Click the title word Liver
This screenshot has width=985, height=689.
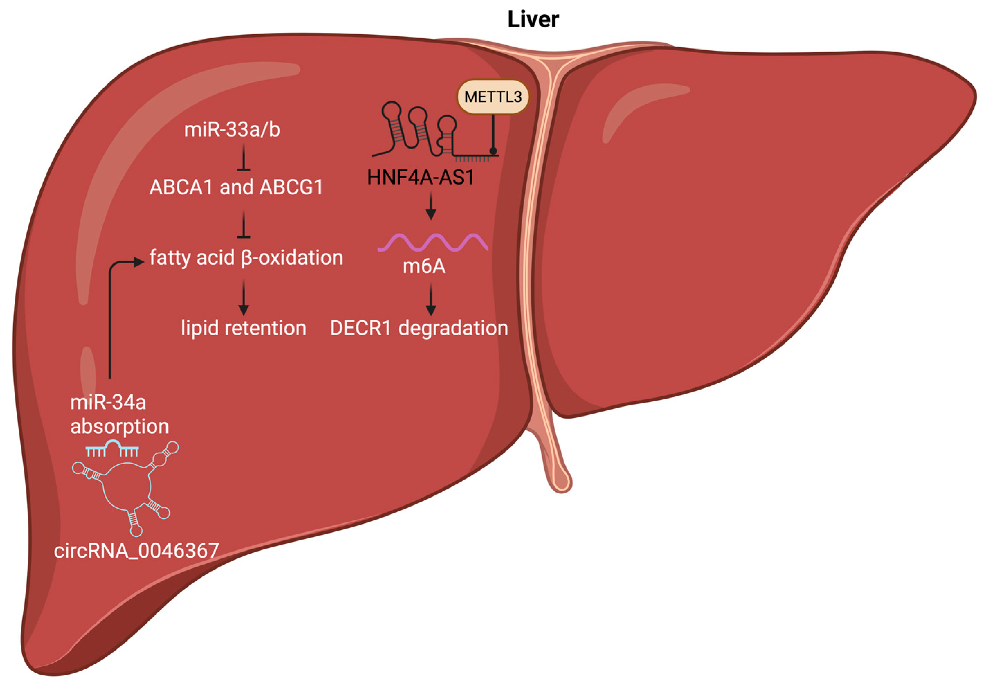click(x=533, y=19)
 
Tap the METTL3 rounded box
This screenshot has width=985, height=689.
click(x=493, y=97)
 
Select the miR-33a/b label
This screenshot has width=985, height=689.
click(x=232, y=129)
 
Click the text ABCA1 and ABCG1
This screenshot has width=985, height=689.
click(x=236, y=188)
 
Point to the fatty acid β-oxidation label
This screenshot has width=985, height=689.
click(x=246, y=258)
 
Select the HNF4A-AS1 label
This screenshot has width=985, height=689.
click(x=421, y=177)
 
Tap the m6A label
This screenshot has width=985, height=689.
click(x=424, y=267)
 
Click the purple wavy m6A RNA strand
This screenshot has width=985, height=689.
click(x=432, y=243)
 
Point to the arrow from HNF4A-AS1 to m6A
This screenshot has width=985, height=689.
click(x=431, y=207)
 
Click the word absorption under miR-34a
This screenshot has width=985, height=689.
click(x=120, y=427)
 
